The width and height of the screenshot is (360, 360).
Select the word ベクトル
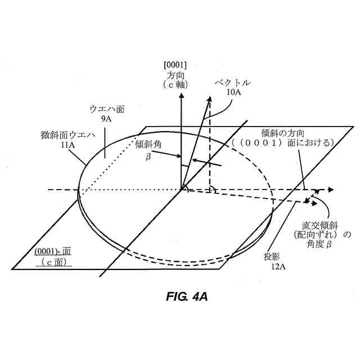[x=232, y=83]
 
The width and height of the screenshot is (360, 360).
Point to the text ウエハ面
[x=106, y=110]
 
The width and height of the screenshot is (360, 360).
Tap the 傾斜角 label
[x=148, y=144]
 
